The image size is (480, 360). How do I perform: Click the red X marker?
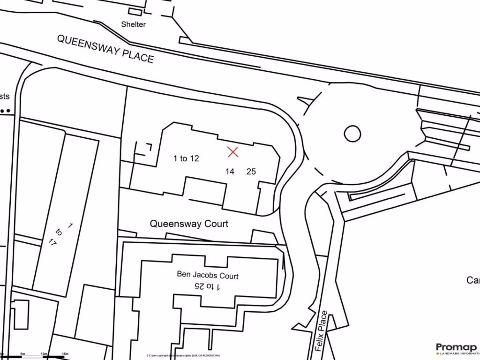pos(233,151)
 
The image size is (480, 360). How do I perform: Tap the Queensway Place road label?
pos(105,48)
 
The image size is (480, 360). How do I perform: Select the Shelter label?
pos(134,24)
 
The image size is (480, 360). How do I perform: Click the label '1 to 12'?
pos(186,158)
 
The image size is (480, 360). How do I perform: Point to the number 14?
pos(230,172)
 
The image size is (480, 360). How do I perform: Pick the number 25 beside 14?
pos(251,172)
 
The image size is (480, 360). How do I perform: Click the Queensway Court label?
pos(189,224)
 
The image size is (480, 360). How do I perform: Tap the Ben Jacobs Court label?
pos(207,275)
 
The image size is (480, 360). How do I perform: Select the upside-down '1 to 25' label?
pos(207,286)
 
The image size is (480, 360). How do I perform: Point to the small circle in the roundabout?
pos(352,134)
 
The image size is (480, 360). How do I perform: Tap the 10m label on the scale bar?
pos(43,353)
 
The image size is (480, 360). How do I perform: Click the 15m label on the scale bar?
pos(65,353)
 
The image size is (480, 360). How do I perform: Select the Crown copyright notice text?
pos(183,356)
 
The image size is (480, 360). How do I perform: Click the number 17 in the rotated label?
pos(53,242)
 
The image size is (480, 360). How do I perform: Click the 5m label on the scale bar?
pos(22,353)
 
